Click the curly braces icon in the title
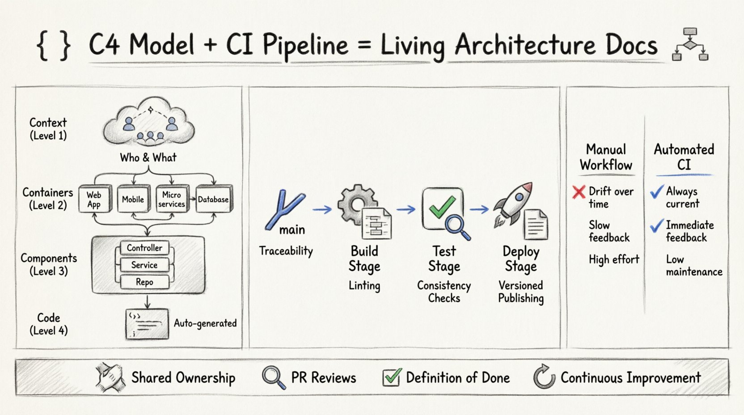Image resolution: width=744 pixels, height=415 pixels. click(54, 45)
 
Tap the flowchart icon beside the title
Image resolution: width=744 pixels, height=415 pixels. click(690, 45)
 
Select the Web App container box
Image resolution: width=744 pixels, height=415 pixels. click(94, 199)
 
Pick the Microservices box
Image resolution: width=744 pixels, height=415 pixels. click(172, 199)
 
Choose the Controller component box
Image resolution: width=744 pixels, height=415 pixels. click(144, 248)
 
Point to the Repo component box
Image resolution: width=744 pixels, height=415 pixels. click(144, 282)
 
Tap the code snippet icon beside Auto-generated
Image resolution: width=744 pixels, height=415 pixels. click(147, 323)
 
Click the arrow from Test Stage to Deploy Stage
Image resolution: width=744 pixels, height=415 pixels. click(479, 209)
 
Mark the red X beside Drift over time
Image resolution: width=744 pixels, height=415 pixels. click(579, 192)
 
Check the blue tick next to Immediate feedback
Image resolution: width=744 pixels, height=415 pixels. click(656, 226)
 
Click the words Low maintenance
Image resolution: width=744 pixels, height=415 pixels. click(693, 266)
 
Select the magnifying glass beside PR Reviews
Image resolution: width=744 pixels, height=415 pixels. click(273, 378)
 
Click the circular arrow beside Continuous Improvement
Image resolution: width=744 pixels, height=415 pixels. click(544, 377)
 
